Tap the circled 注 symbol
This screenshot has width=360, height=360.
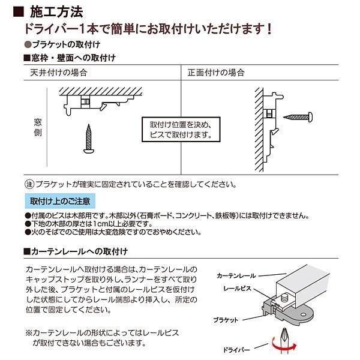(x=28, y=184)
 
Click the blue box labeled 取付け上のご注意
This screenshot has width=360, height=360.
(x=60, y=200)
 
